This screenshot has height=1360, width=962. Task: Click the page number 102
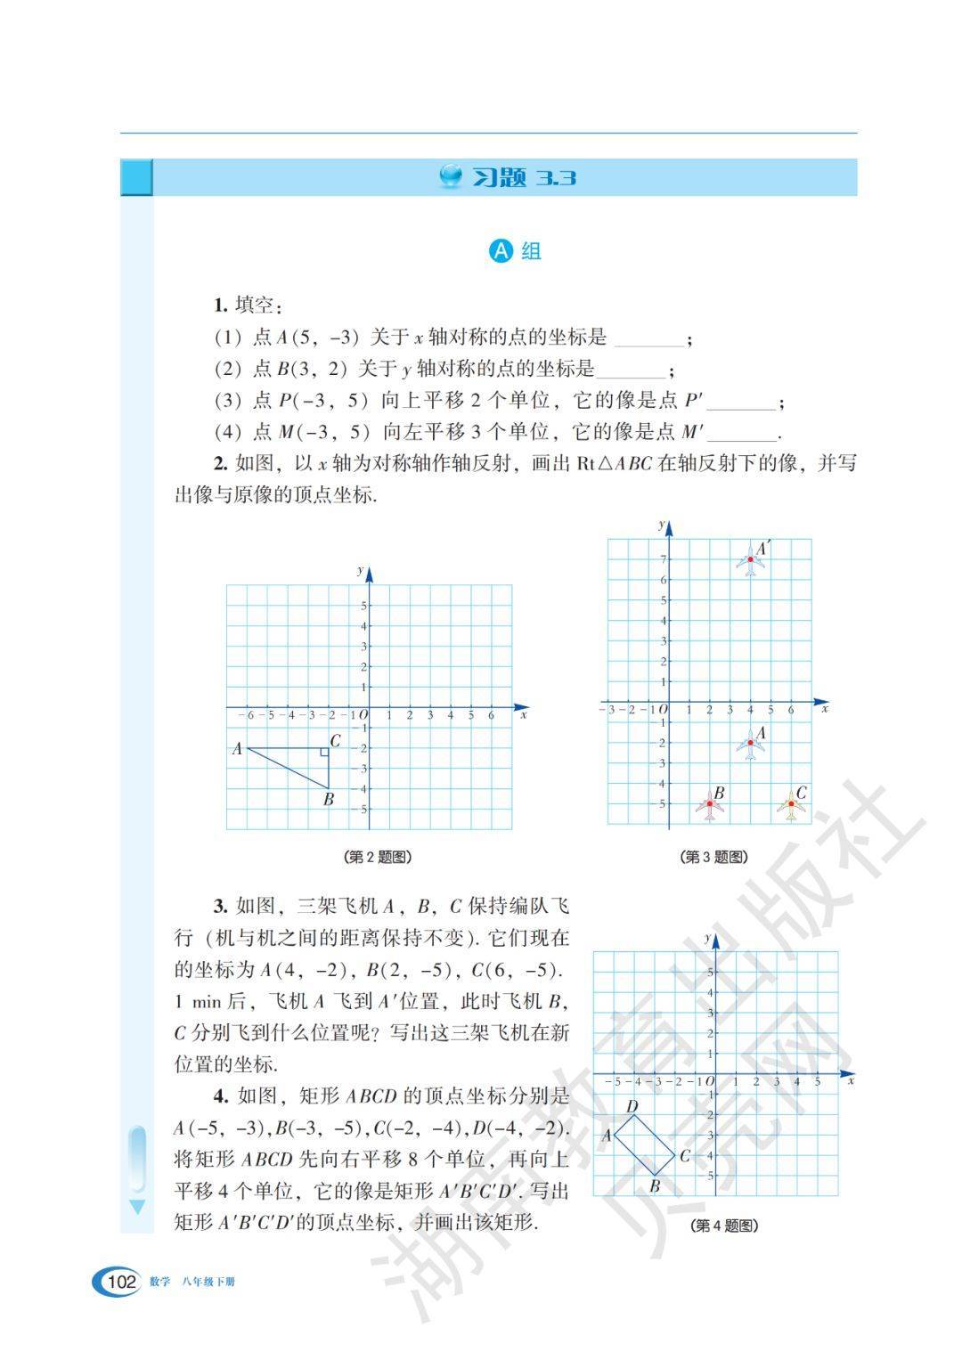click(120, 1282)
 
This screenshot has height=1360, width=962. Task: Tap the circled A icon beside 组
click(501, 251)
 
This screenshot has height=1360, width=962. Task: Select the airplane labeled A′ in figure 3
click(750, 560)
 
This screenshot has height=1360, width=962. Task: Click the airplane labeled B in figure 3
click(710, 804)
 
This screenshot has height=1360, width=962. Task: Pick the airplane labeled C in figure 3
click(791, 805)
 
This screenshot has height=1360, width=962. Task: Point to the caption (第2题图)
click(377, 857)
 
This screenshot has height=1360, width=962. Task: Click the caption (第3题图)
click(713, 857)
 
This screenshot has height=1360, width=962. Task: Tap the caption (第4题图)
click(724, 1226)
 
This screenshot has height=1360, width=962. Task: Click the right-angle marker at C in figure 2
click(324, 753)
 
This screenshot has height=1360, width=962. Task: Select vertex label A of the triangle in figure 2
click(237, 749)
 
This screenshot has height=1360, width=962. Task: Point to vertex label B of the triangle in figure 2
click(329, 799)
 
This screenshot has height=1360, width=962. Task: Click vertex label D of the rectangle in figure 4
click(632, 1107)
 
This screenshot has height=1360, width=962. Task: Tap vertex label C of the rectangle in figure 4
click(684, 1156)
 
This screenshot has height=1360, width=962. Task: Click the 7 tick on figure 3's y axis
click(663, 559)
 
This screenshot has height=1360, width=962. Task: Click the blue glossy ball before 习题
click(452, 176)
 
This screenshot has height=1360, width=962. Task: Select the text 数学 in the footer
click(159, 1283)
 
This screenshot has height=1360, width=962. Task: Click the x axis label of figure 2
click(524, 715)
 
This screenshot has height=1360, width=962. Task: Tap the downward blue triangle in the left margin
click(136, 1208)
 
